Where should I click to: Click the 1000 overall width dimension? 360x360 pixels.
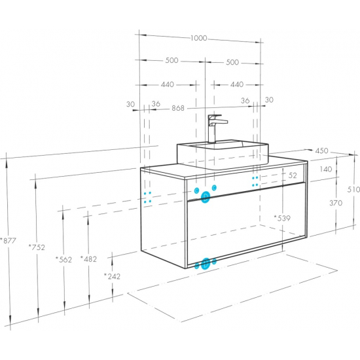199,38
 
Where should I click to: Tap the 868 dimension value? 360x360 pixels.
178,108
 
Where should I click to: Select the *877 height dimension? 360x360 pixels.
8,241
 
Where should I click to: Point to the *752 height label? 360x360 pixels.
37,247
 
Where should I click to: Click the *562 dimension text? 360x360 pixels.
64,259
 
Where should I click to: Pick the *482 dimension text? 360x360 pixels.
88,259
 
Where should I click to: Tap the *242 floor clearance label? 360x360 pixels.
112,276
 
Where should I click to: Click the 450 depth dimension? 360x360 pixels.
321,151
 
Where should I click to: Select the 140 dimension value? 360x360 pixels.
326,170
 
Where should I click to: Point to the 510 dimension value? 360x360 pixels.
353,190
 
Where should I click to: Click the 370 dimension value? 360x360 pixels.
336,203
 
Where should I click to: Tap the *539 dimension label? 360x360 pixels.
282,218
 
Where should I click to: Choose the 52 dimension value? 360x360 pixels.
293,175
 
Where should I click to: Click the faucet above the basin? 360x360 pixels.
215,128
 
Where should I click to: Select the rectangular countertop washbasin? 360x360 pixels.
223,155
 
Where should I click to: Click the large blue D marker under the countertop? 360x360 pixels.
206,197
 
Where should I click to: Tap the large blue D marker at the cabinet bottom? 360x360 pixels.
206,264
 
